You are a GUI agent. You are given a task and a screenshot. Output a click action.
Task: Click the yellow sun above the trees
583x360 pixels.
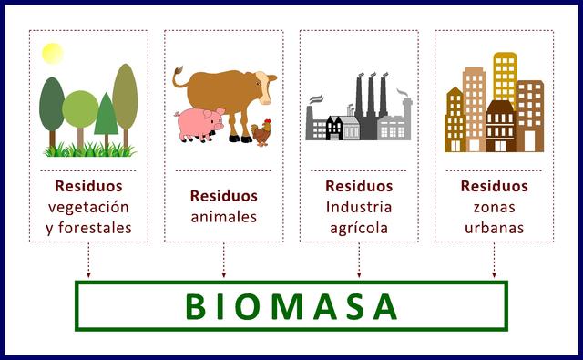[x=52, y=53]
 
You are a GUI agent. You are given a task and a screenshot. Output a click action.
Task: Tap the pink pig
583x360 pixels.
[x=199, y=122]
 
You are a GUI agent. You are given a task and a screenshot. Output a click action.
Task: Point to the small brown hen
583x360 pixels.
[x=262, y=133]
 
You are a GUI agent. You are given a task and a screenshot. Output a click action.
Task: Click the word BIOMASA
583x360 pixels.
[x=291, y=306]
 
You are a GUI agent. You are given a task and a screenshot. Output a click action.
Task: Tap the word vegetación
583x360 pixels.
[x=88, y=207]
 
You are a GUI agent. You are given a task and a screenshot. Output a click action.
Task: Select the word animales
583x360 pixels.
[x=223, y=217]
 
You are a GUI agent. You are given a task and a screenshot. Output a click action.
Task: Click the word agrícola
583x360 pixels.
[x=359, y=228]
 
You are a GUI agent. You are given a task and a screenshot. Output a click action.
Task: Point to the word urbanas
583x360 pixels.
[x=494, y=228]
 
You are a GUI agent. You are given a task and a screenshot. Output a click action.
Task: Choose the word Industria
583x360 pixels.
[x=359, y=207]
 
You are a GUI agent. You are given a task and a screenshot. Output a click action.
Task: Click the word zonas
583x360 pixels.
[x=494, y=207]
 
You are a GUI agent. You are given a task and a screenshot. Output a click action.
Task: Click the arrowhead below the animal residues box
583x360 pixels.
[x=224, y=273]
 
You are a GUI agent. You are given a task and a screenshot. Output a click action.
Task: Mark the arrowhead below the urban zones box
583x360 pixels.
[x=495, y=273]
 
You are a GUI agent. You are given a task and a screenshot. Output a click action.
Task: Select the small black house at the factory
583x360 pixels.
[x=334, y=128]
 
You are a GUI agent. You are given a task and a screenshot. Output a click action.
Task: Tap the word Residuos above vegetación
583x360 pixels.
[x=88, y=186]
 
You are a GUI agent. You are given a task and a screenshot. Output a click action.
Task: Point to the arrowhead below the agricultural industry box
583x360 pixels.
[x=359, y=273]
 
